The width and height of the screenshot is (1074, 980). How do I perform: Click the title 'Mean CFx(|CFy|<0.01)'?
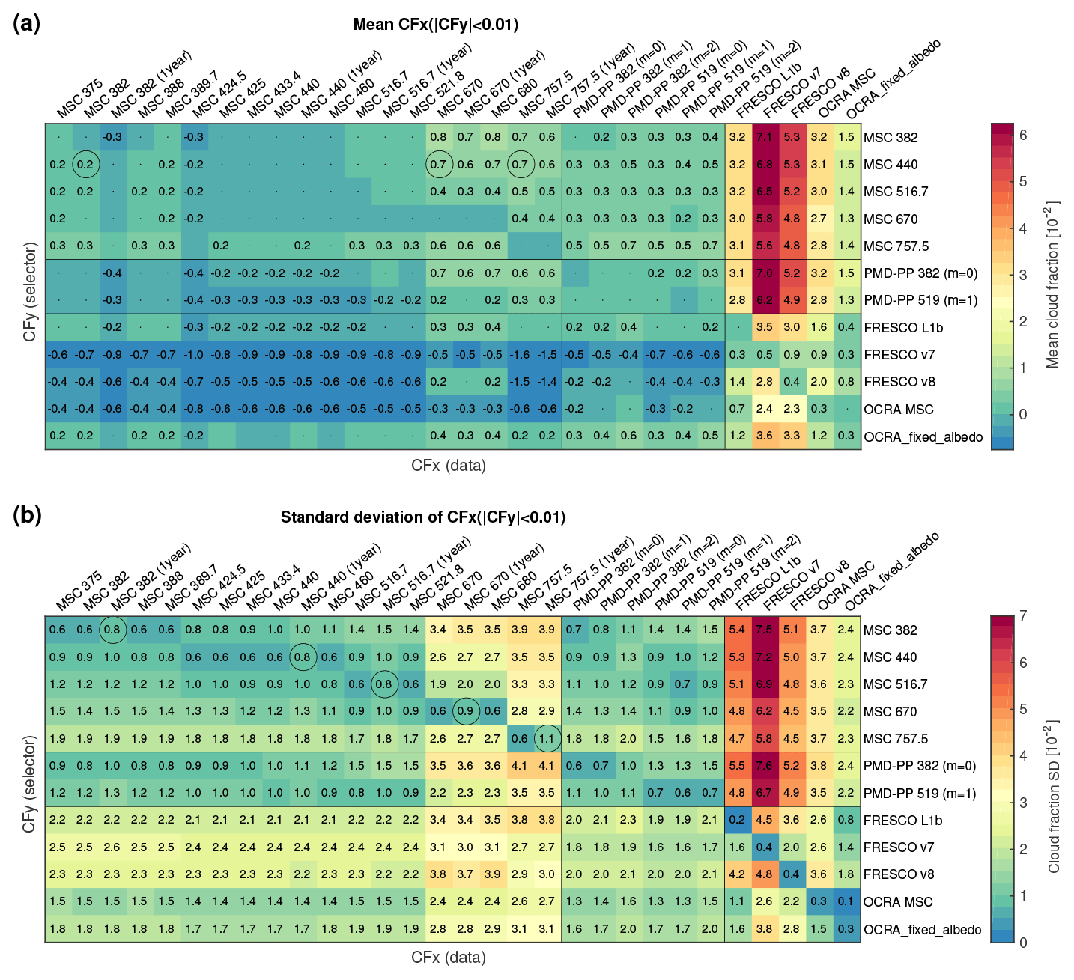coord(436,25)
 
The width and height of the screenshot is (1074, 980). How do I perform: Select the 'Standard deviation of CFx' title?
coord(423,517)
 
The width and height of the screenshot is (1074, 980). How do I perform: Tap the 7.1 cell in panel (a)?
coord(765,137)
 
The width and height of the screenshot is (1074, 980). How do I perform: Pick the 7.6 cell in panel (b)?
coord(765,766)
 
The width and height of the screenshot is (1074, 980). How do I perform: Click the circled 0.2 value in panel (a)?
coord(85,165)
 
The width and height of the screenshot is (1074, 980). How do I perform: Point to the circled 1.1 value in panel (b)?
coord(547,739)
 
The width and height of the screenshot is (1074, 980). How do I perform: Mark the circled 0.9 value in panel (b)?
coord(466,711)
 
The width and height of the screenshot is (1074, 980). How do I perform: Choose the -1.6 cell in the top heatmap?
coord(520,355)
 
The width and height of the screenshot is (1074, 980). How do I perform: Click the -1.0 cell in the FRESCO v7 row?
coord(194,355)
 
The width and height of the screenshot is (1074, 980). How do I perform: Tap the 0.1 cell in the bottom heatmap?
coord(846,902)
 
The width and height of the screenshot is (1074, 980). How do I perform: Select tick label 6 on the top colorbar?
coord(1023,136)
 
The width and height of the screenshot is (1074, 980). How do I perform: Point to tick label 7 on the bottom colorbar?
coord(1023,616)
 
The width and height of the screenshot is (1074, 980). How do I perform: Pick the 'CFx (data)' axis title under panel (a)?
coord(448,466)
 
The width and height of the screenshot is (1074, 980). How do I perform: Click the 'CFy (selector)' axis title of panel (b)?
coord(30,783)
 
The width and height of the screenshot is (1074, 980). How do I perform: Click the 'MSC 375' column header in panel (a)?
coord(79,100)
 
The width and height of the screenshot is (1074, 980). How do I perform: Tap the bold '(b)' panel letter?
coord(27,516)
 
